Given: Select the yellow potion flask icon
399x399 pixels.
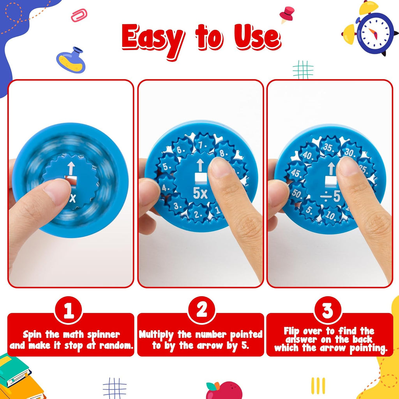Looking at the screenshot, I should (x=71, y=60).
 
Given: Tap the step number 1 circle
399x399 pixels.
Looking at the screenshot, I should (x=69, y=311).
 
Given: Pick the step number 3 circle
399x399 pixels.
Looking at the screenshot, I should (x=327, y=311).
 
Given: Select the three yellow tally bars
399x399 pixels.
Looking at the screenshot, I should (x=318, y=385).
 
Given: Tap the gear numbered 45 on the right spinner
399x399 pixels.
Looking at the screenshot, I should (x=297, y=173).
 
